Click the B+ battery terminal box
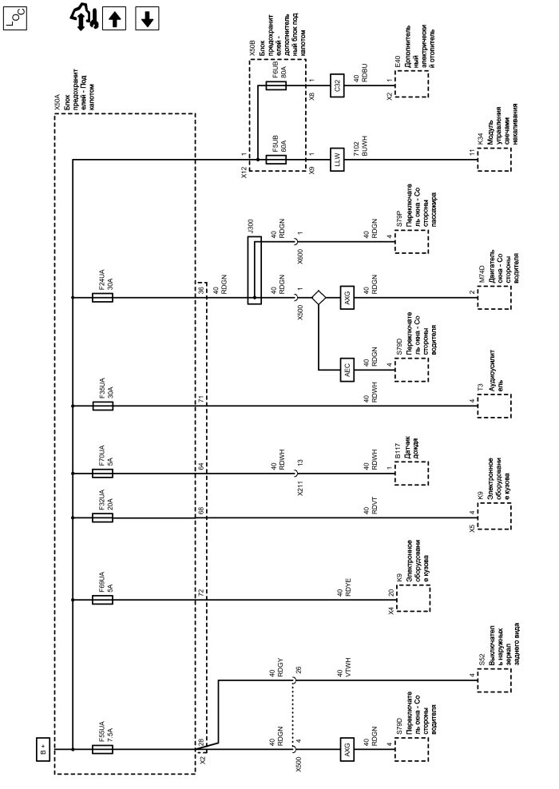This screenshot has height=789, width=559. point(43,751)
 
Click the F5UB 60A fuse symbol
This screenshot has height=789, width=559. point(276,160)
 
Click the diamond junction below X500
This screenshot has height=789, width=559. point(319,298)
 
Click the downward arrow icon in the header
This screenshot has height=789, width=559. point(145,18)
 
